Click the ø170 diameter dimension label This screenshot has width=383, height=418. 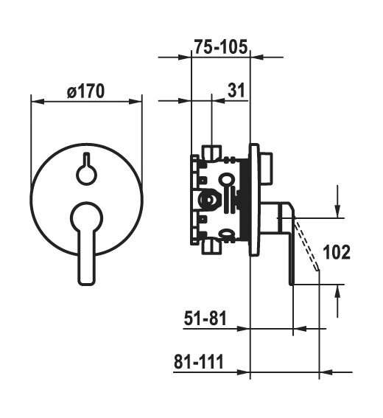click(85, 91)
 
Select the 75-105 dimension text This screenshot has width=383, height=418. click(221, 47)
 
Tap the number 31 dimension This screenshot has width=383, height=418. click(236, 90)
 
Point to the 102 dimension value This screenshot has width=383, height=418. click(337, 252)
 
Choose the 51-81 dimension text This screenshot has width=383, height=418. click(205, 318)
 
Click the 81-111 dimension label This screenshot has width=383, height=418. click(199, 361)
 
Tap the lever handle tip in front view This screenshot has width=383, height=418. click(86, 281)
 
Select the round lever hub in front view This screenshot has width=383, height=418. click(87, 217)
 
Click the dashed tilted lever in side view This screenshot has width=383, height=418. click(306, 244)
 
